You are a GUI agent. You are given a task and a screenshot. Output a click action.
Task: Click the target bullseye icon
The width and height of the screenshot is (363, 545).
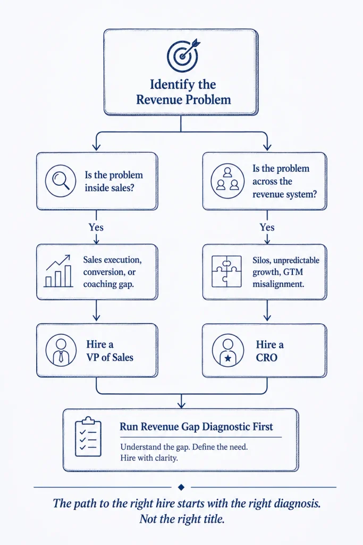coord(183,55)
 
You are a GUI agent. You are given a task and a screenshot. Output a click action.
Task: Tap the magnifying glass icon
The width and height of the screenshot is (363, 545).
coord(61,180)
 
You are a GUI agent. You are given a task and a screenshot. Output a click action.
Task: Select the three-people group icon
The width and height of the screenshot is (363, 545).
coord(227,181)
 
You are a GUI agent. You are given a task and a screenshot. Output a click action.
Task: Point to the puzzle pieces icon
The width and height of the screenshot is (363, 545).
coord(227,271)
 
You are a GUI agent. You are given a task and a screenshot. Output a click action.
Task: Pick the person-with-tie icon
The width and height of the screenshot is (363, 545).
coord(61,350)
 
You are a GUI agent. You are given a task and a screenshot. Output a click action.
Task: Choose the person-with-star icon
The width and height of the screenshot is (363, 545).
coord(227,351)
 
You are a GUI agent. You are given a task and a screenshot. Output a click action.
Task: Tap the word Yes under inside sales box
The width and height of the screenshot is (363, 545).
coord(96,227)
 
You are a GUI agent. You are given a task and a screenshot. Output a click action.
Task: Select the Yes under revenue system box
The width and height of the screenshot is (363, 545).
coord(267,227)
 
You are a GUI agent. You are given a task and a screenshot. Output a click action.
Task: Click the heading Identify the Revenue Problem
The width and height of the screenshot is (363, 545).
coord(183,92)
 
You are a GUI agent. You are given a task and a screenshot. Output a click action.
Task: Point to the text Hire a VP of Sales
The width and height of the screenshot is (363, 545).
coord(109,351)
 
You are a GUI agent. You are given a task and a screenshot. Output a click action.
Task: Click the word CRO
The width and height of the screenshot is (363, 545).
coord(266,358)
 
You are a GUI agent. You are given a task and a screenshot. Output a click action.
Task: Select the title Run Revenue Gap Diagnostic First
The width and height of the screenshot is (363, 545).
coord(197,427)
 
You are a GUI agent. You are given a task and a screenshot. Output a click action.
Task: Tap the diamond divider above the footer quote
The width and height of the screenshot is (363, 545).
coord(181,488)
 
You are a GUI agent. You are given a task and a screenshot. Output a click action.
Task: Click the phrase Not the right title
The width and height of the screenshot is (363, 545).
coord(182,519)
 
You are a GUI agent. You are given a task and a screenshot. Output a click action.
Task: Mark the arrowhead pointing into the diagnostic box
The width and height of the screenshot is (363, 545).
coord(181,405)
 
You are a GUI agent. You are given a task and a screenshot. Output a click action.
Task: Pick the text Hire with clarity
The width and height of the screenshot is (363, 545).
coord(149,458)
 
